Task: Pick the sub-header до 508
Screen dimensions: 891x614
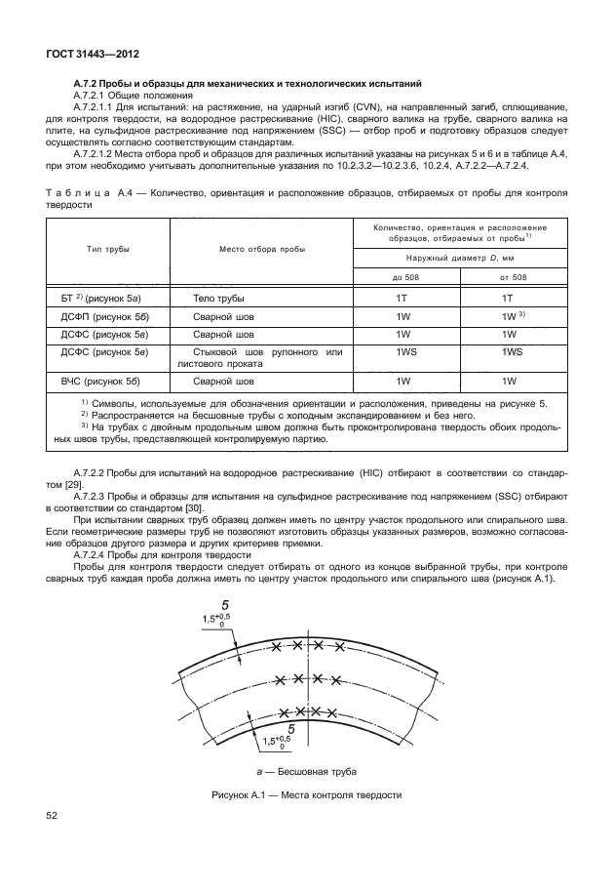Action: coord(400,277)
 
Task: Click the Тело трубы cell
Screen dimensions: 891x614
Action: coord(218,298)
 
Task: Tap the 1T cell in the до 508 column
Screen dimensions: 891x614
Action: coord(400,298)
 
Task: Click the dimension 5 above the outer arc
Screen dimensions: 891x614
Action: coord(225,605)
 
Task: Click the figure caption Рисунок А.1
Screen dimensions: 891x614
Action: coord(306,795)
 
